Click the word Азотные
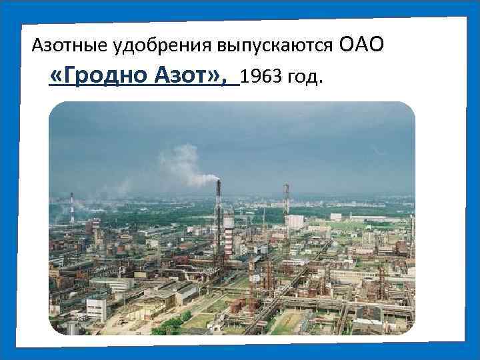[x=62, y=46]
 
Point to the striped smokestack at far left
[x=71, y=207]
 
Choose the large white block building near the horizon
[x=295, y=221]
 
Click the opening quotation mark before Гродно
[x=55, y=77]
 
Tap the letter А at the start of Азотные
[x=37, y=46]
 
